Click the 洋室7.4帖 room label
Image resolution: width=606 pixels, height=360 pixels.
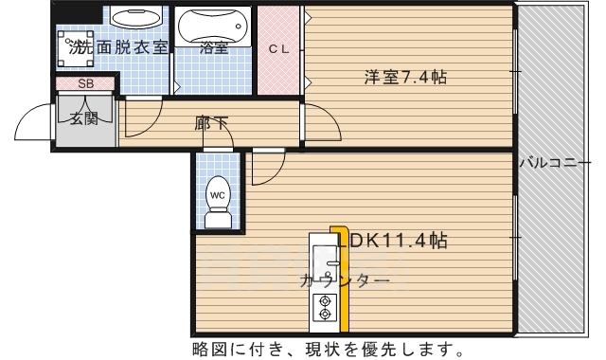(x=405, y=78)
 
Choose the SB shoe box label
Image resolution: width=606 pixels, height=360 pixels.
(x=85, y=83)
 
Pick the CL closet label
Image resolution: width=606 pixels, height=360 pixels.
(x=278, y=49)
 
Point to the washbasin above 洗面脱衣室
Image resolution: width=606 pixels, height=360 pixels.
(x=136, y=19)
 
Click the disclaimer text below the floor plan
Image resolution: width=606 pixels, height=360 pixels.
(x=328, y=347)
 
